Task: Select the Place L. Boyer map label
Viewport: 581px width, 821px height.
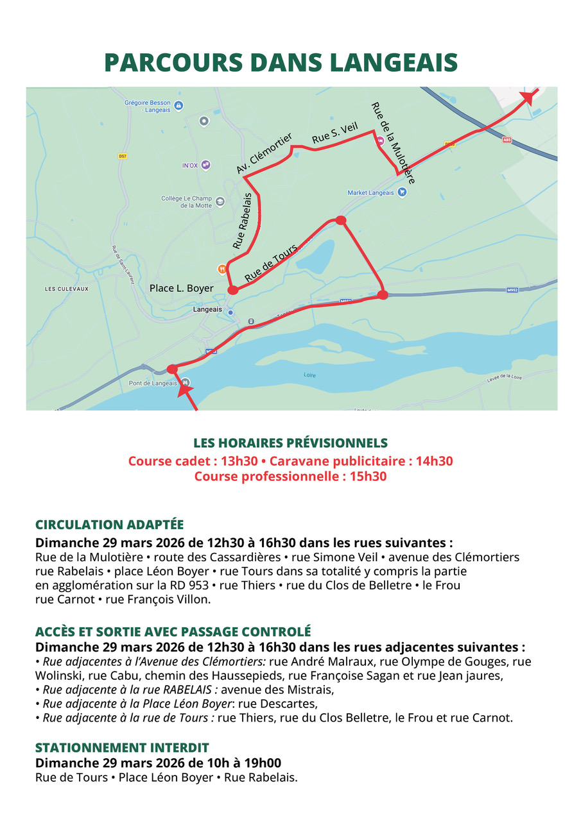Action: point(181,289)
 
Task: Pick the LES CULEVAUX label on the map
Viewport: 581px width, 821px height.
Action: point(67,289)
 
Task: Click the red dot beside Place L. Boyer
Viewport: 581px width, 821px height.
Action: point(233,291)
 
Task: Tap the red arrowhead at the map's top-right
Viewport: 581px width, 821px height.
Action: point(528,96)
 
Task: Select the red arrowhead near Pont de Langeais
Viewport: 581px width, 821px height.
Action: point(185,386)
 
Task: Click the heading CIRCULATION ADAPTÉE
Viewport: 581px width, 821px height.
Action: point(109,524)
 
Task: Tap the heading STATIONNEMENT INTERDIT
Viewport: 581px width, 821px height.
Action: point(122,748)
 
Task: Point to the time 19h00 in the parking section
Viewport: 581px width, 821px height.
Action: point(264,763)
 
